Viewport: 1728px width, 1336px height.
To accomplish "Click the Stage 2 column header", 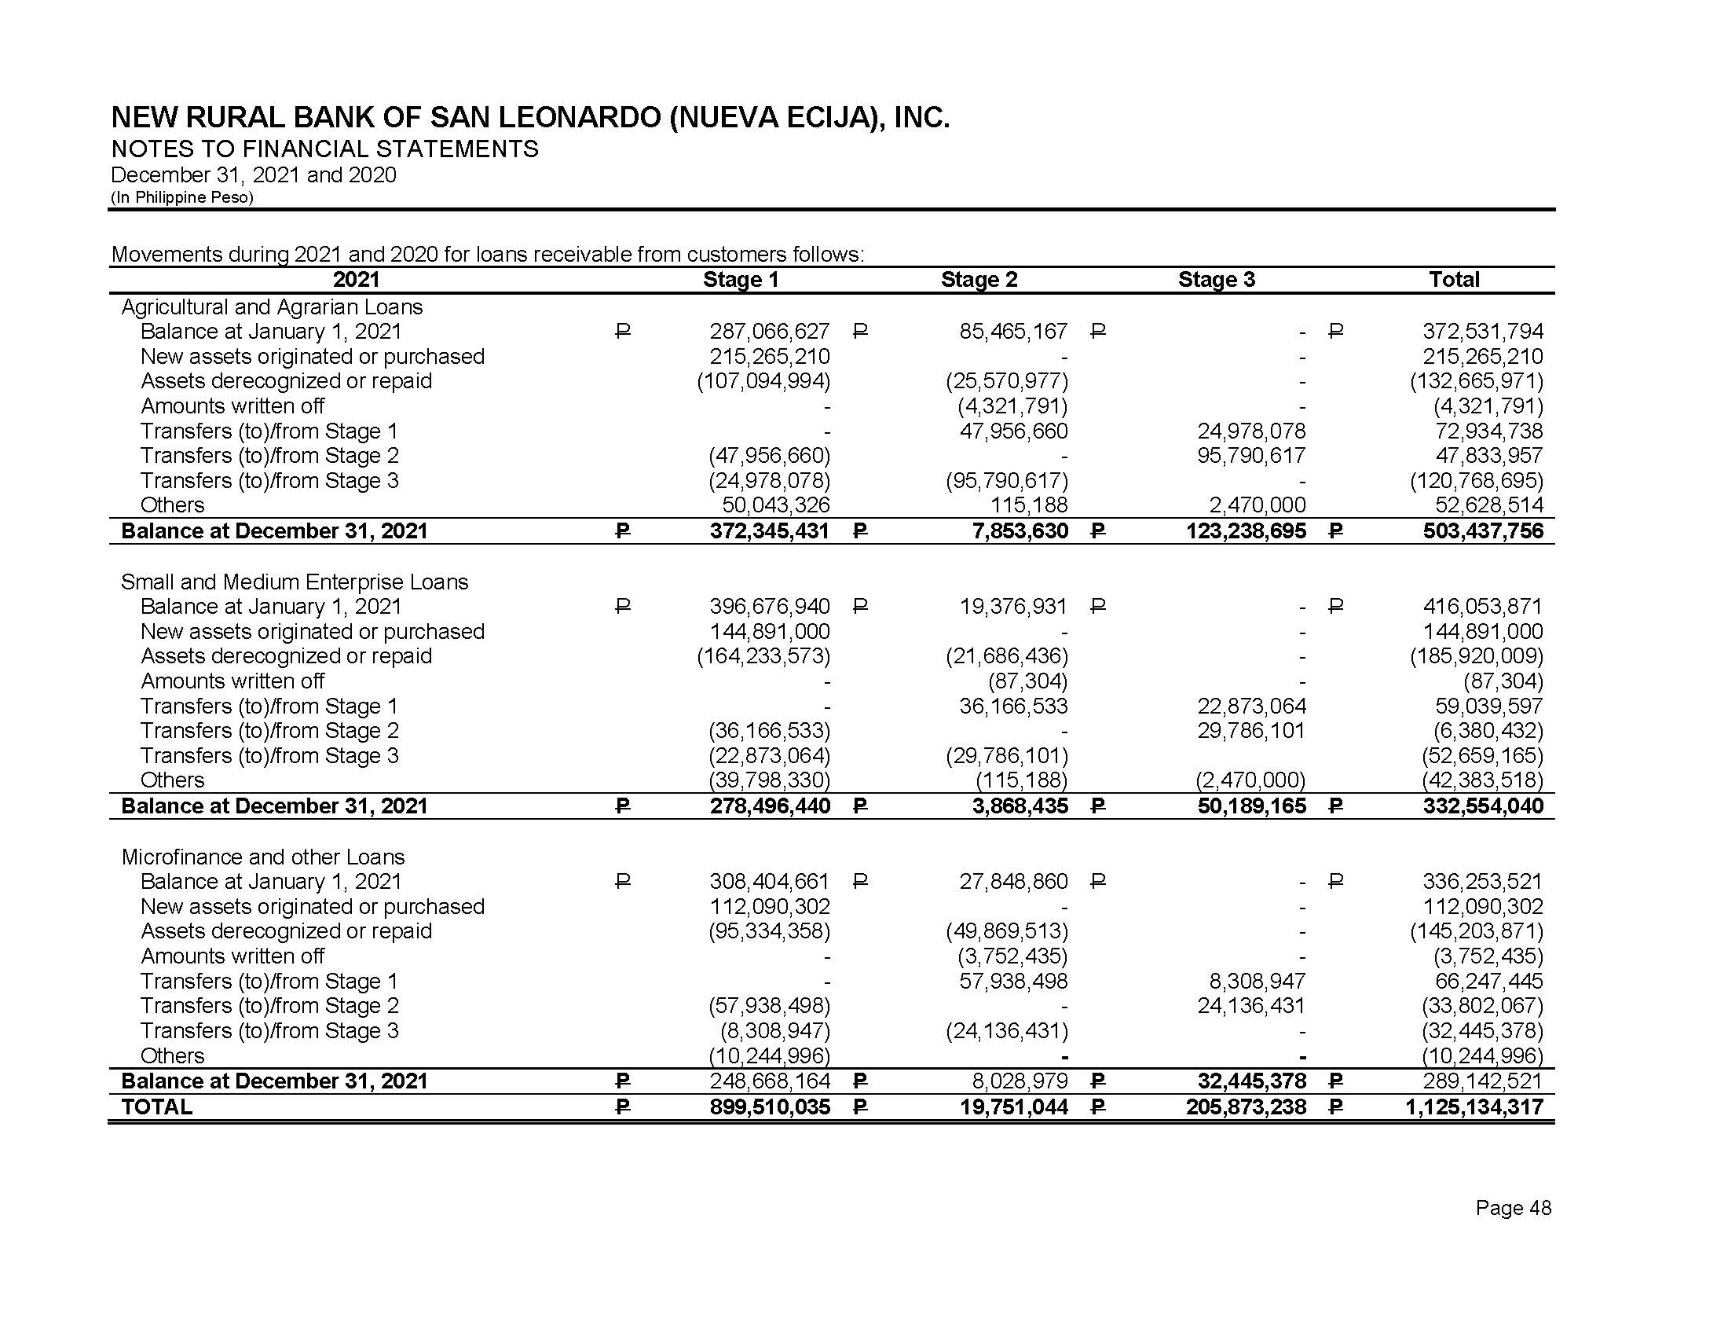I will coord(979,280).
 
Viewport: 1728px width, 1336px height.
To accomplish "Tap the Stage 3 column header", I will coord(1216,280).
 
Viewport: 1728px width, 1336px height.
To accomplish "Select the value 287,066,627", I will coord(769,331).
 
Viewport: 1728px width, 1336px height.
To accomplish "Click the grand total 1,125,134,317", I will coord(1474,1107).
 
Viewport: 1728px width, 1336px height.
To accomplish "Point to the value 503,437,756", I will coord(1483,530).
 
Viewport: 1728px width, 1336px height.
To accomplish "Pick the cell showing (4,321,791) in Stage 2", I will coord(1012,406).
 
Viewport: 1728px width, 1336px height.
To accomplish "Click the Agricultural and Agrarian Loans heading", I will coord(272,306).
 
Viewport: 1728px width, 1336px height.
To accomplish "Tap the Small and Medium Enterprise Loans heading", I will coord(295,582).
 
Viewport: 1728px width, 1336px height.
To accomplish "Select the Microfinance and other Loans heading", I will coord(262,857).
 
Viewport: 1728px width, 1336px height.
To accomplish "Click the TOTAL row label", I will coord(156,1107).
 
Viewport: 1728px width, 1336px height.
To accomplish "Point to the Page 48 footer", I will coord(1513,1208).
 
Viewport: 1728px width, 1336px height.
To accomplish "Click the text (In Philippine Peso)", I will coord(182,197).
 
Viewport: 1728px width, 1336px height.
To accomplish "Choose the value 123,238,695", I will coord(1246,530).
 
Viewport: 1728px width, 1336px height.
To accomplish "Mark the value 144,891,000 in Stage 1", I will coord(769,632).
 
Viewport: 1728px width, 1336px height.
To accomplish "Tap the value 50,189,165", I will coord(1251,806).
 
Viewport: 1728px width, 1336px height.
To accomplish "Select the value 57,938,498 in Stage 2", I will coord(1012,982).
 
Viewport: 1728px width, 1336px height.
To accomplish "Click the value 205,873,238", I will coord(1246,1107).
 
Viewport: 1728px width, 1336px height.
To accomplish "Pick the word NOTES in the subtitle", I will coord(146,149).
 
